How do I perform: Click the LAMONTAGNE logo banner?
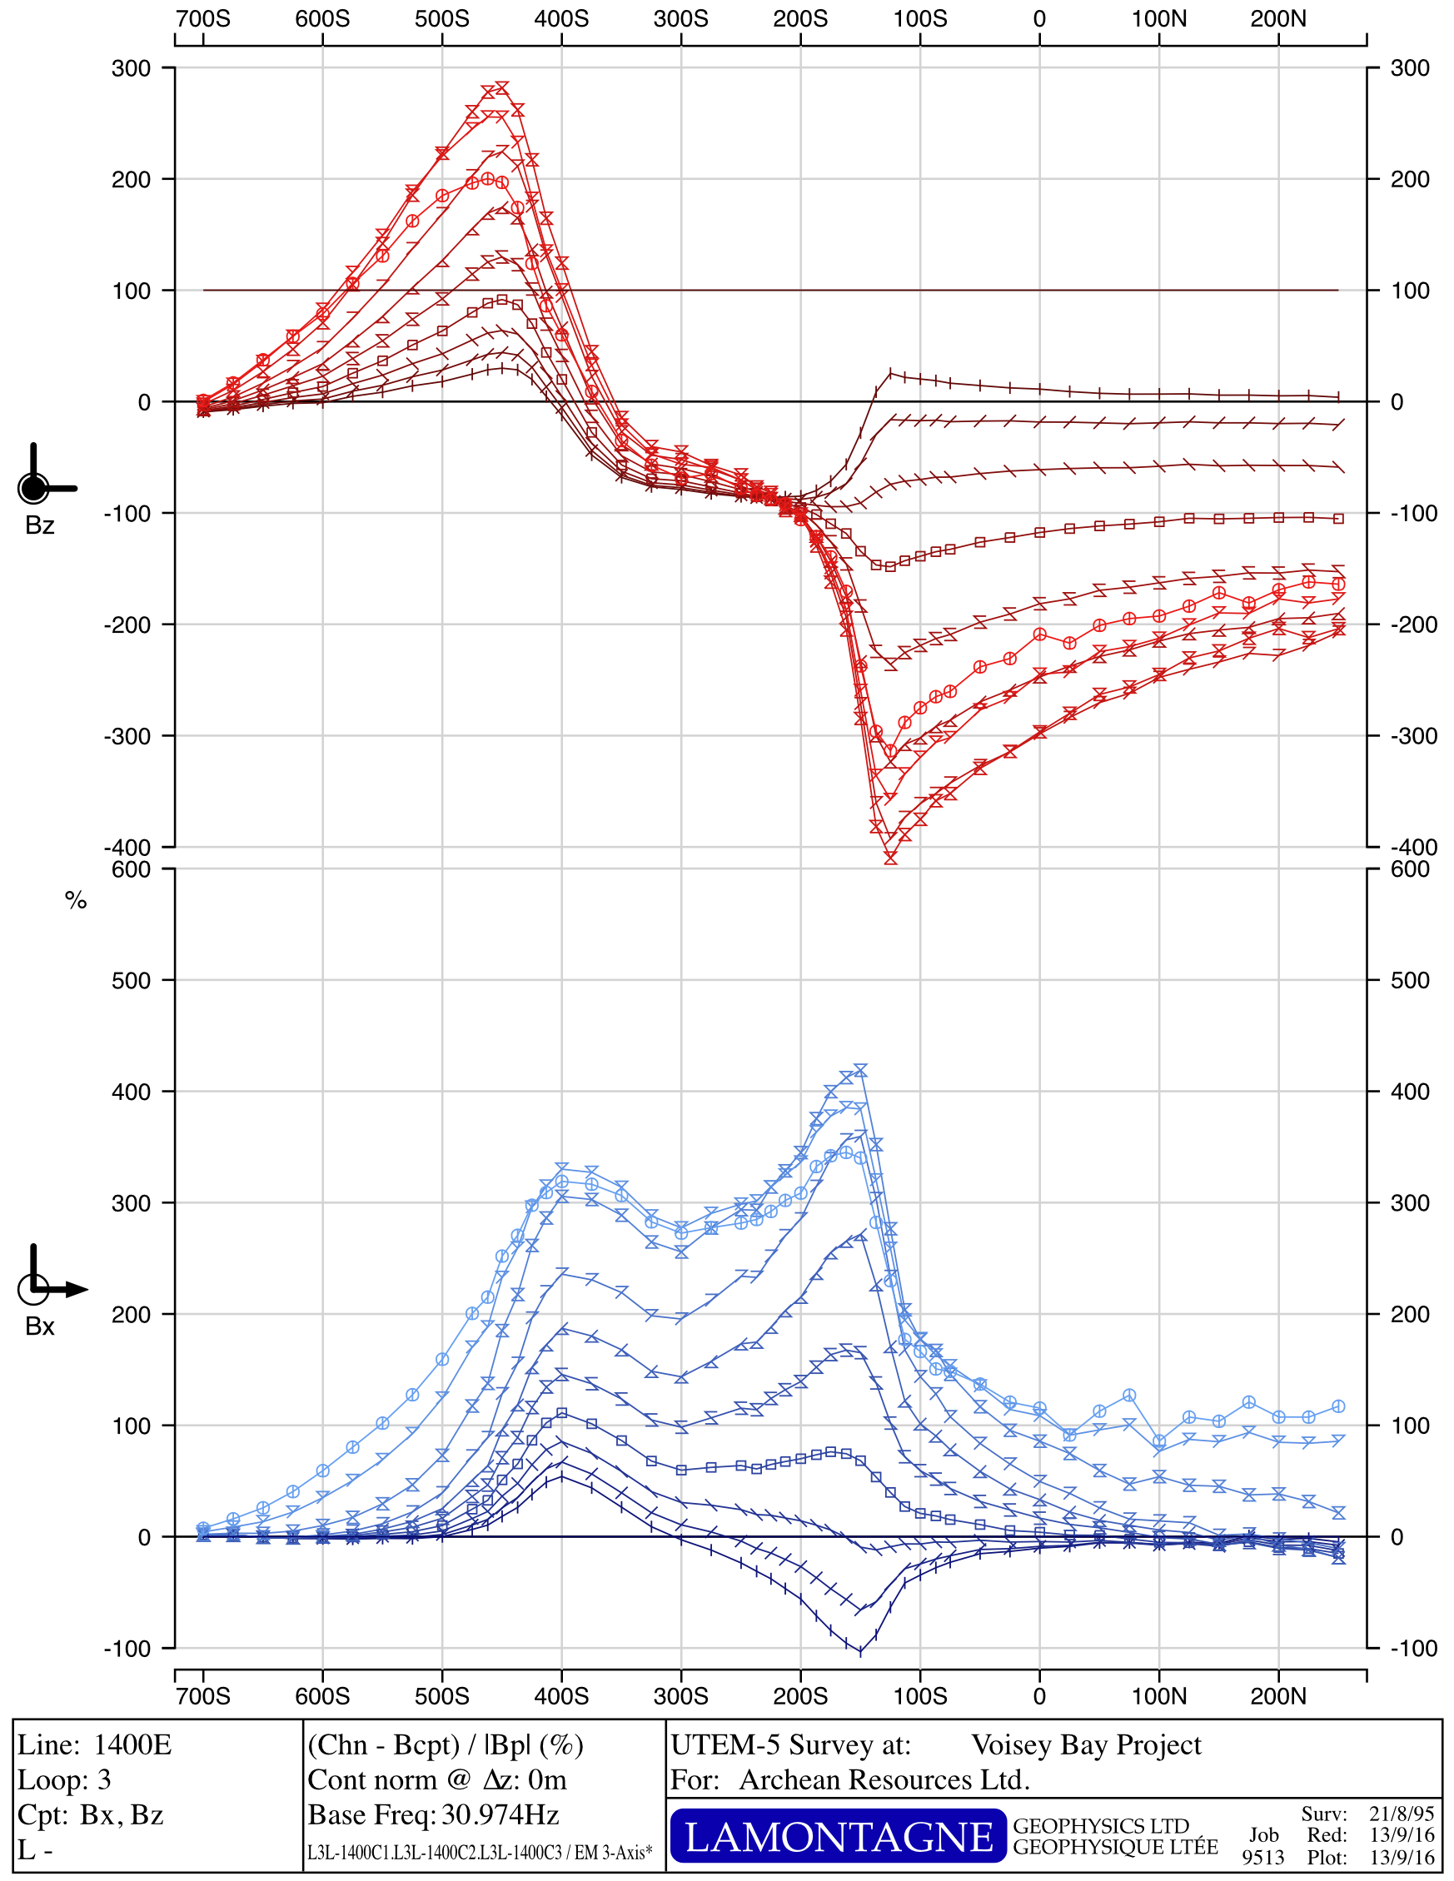click(x=837, y=1835)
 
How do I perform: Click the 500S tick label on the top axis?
click(x=442, y=19)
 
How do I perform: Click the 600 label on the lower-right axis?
click(x=1409, y=869)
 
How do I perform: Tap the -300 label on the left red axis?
click(x=127, y=736)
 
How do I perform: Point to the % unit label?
click(x=76, y=901)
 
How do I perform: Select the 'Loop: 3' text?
click(x=65, y=1779)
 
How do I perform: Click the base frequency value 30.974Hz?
click(x=500, y=1814)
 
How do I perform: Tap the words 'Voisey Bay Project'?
click(x=1085, y=1744)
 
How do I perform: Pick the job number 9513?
click(x=1262, y=1857)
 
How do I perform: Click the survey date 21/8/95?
click(x=1402, y=1814)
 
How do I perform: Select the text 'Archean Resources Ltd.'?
click(x=884, y=1779)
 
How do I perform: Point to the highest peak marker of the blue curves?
click(x=859, y=1070)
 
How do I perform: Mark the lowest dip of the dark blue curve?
click(x=859, y=1652)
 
